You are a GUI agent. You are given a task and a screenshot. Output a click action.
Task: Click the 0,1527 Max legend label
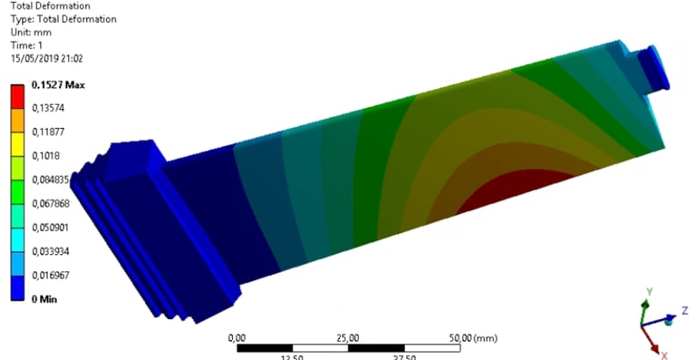[x=58, y=84]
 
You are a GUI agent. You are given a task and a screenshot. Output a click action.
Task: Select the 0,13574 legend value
[x=48, y=108]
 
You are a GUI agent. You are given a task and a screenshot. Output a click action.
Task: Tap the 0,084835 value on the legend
[x=51, y=180]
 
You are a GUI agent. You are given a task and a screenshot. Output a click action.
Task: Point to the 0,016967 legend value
[x=51, y=276]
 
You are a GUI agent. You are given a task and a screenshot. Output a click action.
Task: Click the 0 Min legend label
[x=44, y=299]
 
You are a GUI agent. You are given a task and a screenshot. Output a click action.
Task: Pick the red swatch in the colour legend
[x=18, y=96]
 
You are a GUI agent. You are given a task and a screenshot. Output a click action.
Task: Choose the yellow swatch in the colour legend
[x=18, y=144]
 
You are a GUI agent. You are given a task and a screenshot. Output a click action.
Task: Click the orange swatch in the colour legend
[x=18, y=121]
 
